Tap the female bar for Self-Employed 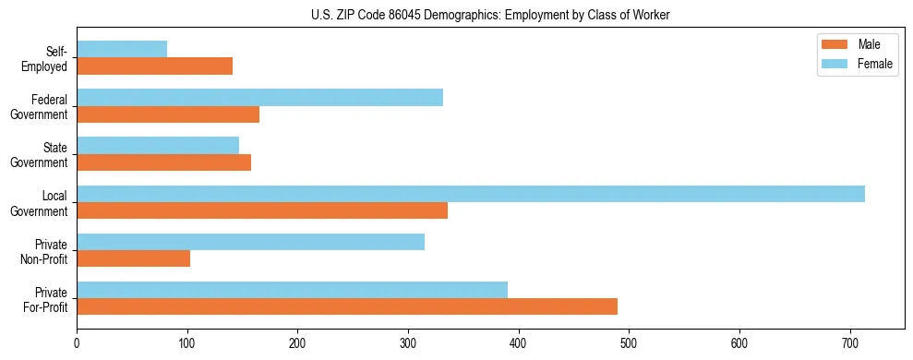pos(122,49)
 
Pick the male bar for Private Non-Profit pos(133,258)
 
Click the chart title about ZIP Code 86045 pos(489,15)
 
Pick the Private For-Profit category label pos(45,299)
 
